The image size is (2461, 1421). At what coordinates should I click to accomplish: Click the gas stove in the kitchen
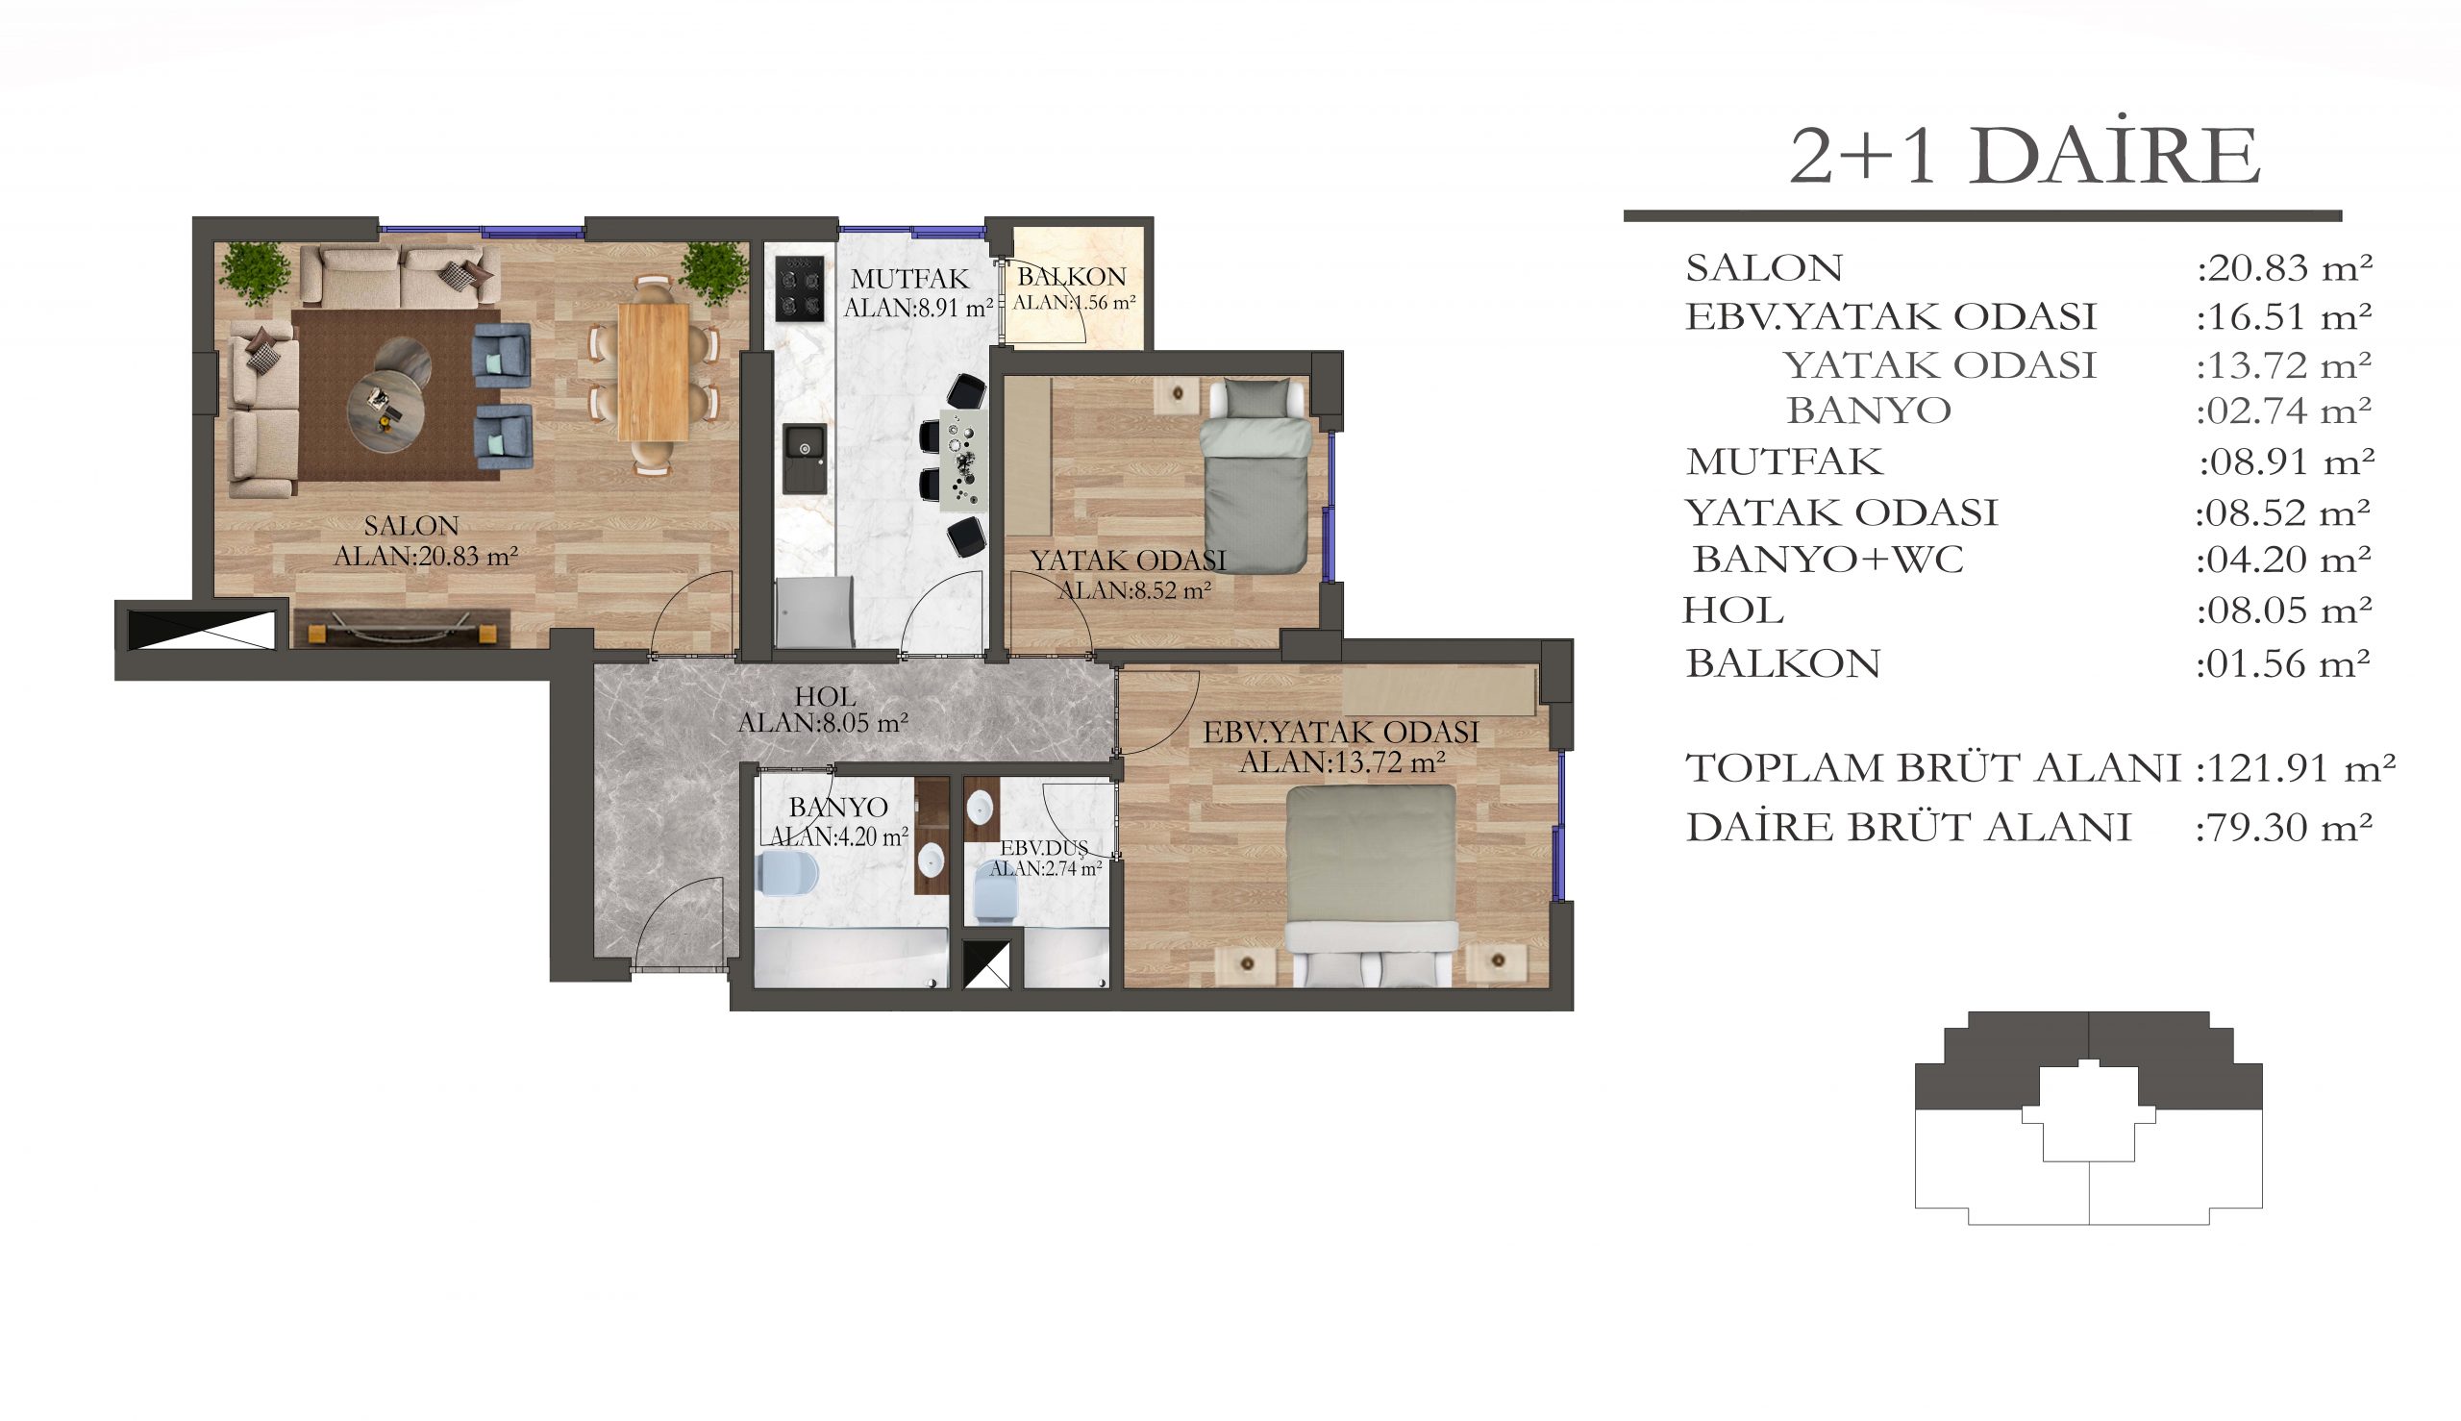click(799, 287)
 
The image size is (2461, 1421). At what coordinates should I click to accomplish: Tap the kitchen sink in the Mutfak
click(804, 458)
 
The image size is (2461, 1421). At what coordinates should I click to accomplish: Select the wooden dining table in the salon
click(653, 372)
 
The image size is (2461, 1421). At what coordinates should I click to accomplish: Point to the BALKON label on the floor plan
click(1072, 276)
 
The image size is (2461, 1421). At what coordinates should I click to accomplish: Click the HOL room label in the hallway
click(825, 697)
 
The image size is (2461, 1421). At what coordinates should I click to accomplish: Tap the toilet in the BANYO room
click(787, 874)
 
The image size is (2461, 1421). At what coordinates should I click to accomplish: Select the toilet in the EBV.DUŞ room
click(995, 895)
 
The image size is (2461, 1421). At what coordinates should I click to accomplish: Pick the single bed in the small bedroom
click(1255, 475)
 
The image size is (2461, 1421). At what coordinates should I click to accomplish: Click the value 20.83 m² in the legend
click(2285, 267)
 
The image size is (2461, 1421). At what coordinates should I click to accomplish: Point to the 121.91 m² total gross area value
click(2294, 768)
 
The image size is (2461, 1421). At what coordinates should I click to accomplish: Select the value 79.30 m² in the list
click(2283, 828)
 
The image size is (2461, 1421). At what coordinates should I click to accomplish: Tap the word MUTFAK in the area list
click(1784, 461)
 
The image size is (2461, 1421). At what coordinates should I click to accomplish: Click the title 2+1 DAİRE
click(2025, 156)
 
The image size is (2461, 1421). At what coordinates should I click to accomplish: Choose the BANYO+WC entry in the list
click(1827, 560)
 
